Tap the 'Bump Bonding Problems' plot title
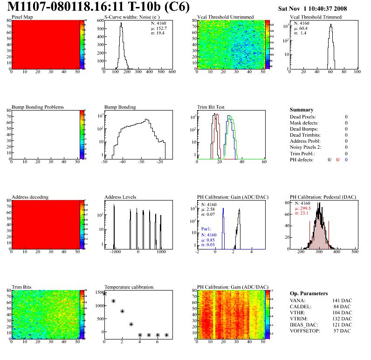38,107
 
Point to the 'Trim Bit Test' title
211,107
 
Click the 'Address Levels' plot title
120,197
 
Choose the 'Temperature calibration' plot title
129,287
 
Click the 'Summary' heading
302,110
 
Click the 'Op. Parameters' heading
309,293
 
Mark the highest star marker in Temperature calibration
104,294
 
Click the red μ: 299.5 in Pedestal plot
303,208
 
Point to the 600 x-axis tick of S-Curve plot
172,72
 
